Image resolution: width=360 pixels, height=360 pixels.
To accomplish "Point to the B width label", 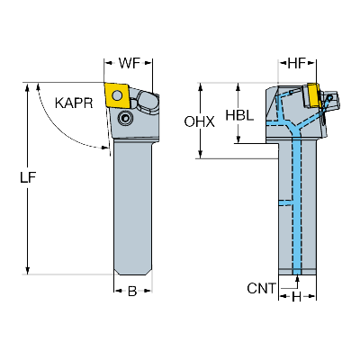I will coord(131,290).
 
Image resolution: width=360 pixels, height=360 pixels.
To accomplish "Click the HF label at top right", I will coord(299,63).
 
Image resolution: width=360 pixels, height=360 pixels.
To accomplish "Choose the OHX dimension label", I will coord(200,121).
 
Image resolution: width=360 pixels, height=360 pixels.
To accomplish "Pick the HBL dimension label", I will coord(239,116).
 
